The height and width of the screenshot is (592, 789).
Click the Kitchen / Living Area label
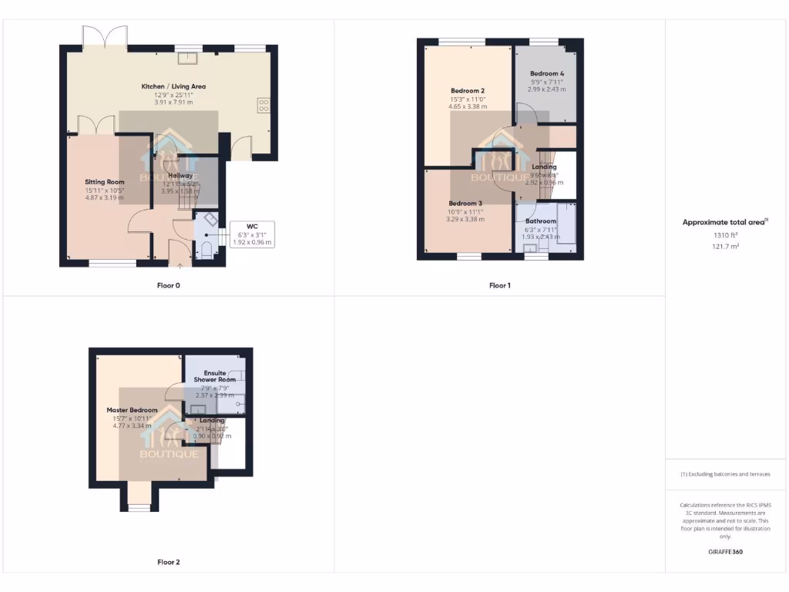tap(173, 86)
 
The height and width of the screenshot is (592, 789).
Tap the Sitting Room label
tap(105, 182)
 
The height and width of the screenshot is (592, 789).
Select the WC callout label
tap(253, 227)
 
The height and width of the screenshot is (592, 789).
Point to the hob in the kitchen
tap(263, 104)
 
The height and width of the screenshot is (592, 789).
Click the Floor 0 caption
tap(169, 285)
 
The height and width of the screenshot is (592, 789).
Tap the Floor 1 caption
tap(500, 285)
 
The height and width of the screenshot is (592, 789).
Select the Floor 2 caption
tap(169, 562)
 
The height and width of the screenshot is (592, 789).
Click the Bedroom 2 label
tap(468, 91)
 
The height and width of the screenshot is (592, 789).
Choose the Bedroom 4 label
tap(547, 73)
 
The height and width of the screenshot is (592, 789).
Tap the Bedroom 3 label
tap(465, 203)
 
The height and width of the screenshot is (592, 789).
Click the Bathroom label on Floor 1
tap(541, 221)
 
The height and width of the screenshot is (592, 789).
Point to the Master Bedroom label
tap(132, 410)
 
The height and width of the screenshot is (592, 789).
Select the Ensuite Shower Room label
tap(215, 376)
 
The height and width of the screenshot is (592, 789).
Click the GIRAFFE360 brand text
tap(725, 552)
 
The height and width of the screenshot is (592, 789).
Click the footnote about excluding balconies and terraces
tap(725, 474)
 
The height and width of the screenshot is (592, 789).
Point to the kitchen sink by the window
tap(186, 55)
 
